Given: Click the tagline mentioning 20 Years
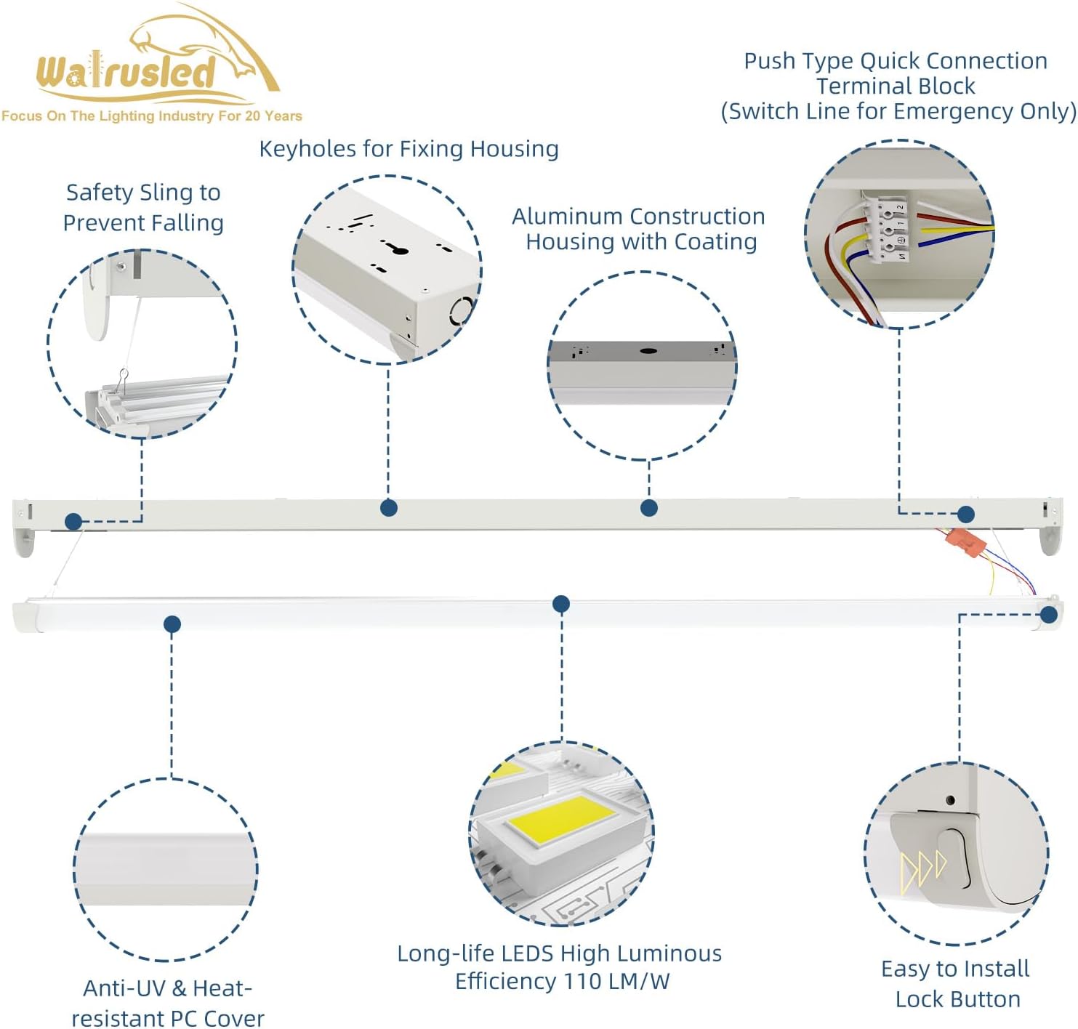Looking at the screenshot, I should [151, 116].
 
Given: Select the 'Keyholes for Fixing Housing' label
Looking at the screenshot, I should [409, 149].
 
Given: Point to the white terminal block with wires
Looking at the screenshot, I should [888, 226].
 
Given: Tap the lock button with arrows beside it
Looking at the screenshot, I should [953, 858].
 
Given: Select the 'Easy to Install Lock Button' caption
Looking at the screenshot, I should [956, 983].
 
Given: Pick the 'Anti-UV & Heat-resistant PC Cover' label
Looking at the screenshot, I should [168, 1003].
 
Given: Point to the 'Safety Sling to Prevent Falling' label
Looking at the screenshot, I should [143, 207].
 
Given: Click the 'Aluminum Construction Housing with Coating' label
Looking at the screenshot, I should [639, 228].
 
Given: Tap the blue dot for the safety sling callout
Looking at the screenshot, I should [73, 521].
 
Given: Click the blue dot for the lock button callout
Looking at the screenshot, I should [1048, 615].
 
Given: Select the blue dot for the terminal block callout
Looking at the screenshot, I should [965, 514].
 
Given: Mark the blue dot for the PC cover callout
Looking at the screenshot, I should [172, 624].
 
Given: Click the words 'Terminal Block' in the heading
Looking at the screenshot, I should [896, 86].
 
